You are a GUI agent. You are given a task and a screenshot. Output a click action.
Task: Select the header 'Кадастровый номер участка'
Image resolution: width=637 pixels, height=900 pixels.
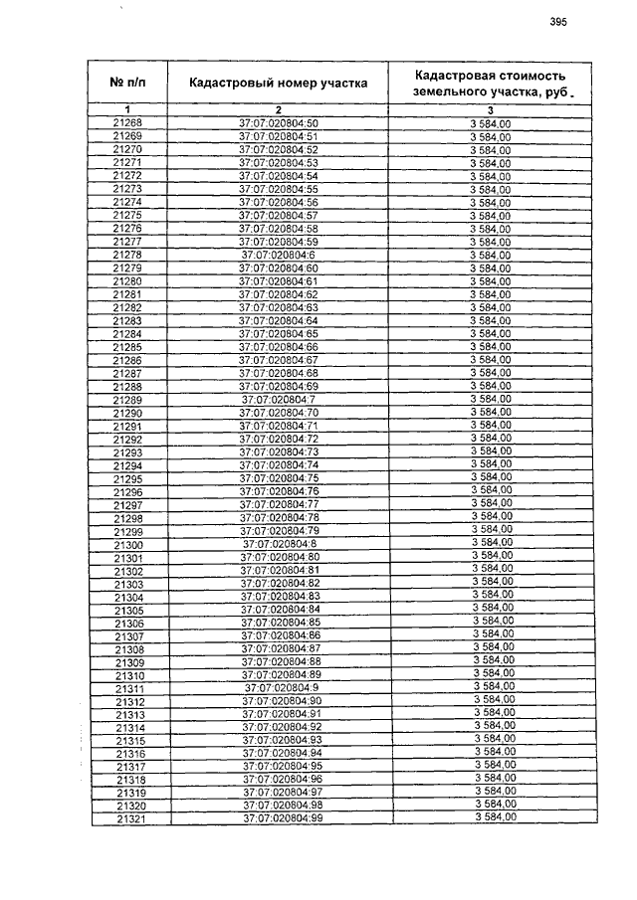[278, 84]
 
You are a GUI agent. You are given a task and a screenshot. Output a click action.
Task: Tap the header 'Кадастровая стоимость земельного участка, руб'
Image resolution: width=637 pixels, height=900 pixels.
[491, 83]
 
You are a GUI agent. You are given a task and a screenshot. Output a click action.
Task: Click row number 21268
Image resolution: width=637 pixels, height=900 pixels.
[127, 122]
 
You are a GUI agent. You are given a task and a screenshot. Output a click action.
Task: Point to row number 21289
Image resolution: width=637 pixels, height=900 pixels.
[127, 400]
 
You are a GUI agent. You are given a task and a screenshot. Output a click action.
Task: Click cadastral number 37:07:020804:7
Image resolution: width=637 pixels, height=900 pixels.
[279, 399]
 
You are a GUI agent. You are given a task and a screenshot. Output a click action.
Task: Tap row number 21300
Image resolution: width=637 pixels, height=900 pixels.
[128, 545]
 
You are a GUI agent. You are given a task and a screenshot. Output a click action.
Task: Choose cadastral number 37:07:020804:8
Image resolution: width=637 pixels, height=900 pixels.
[280, 544]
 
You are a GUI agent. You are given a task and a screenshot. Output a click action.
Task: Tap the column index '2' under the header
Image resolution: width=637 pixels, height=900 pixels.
[279, 108]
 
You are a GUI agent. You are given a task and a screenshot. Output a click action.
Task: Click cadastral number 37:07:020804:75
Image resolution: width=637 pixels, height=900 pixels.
[279, 478]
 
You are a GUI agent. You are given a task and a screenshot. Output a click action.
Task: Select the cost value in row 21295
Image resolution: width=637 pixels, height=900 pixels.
[492, 477]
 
